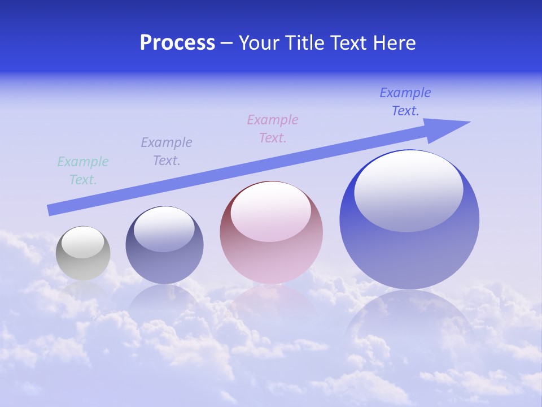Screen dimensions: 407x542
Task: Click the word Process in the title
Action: click(x=177, y=43)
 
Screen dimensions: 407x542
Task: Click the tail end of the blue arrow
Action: click(x=52, y=210)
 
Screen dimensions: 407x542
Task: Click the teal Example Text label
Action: click(x=83, y=171)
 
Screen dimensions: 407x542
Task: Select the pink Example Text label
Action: click(x=273, y=128)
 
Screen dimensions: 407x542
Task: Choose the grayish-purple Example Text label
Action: click(x=167, y=151)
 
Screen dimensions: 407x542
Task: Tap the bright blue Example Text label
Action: click(x=405, y=102)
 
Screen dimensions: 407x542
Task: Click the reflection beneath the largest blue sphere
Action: click(x=409, y=322)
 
